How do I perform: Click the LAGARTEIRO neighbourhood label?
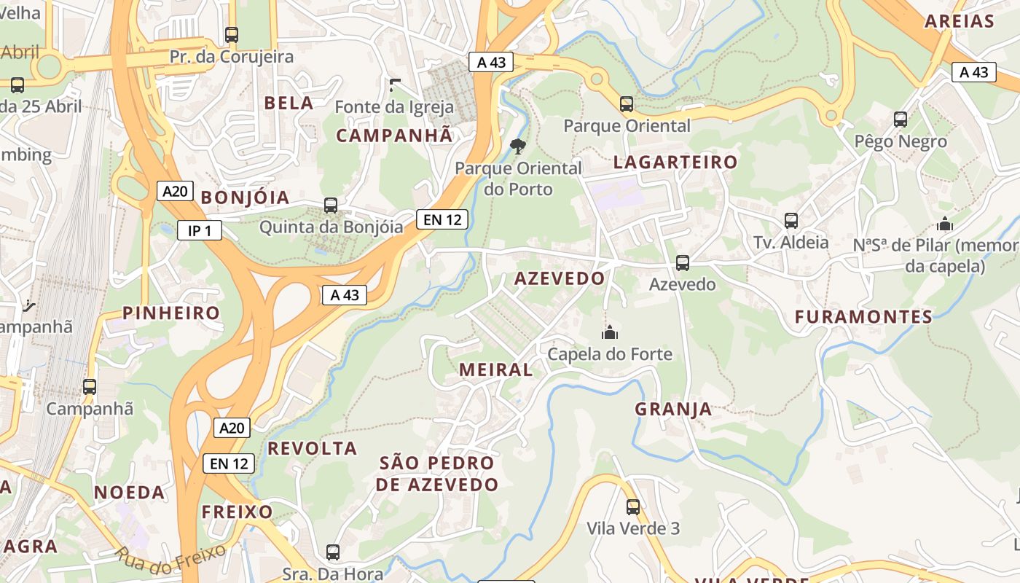pos(675,162)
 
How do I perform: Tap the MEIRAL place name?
pos(495,369)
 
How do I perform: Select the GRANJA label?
pos(673,409)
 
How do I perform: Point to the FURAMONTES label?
pos(863,317)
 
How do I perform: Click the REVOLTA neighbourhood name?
pos(312,448)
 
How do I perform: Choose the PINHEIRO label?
pos(171,313)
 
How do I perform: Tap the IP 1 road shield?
pos(200,231)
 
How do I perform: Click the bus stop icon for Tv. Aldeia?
pos(791,220)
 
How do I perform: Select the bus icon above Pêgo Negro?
pos(901,120)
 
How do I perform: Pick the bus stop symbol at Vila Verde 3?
pos(633,506)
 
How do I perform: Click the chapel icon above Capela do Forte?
pos(609,333)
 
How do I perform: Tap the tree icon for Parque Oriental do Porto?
pos(518,146)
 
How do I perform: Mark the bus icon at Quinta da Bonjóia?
pos(331,206)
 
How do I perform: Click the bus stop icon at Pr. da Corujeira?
pos(232,34)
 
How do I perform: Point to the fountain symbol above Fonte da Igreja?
pos(394,85)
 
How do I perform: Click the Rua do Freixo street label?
pos(170,562)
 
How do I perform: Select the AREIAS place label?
pos(960,21)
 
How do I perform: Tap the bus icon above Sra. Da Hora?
pos(333,552)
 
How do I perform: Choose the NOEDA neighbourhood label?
pos(129,492)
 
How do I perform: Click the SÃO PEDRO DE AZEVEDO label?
pos(437,474)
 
